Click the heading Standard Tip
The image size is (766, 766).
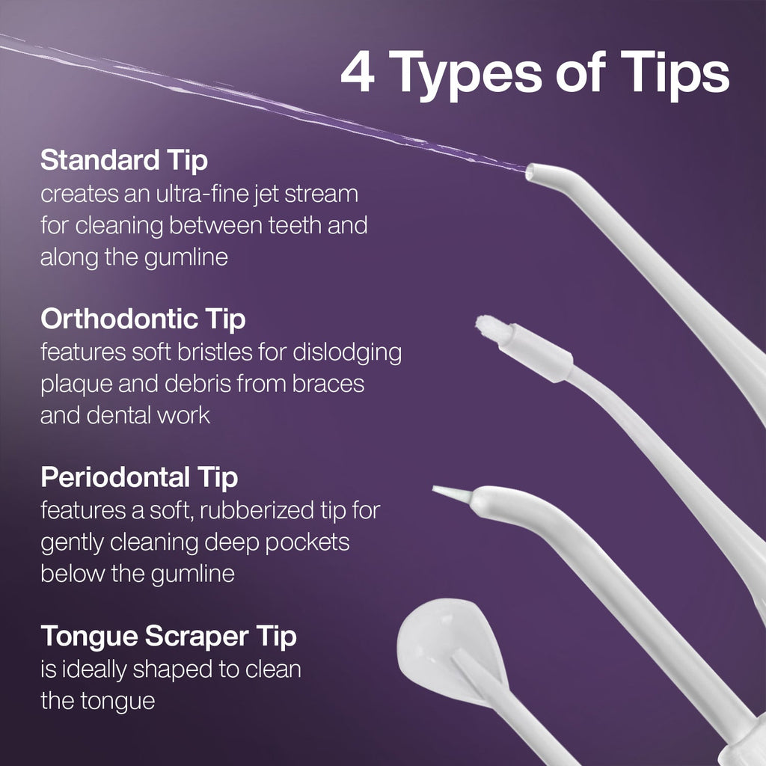tap(124, 160)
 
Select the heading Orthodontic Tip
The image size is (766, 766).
tap(143, 319)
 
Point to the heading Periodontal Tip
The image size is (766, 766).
tap(139, 477)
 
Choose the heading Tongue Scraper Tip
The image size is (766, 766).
tap(168, 637)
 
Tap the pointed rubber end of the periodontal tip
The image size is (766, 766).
tap(452, 491)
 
